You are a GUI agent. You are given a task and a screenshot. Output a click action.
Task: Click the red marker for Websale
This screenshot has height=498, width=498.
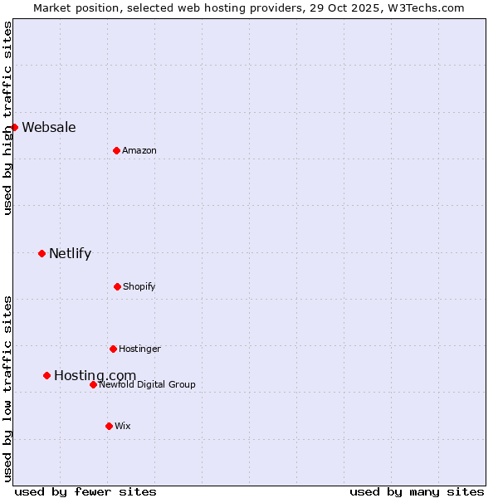point(14,127)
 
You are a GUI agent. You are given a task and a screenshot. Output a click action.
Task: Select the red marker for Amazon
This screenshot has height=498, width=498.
point(116,150)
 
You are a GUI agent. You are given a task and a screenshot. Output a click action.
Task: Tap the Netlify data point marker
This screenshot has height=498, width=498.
point(41,253)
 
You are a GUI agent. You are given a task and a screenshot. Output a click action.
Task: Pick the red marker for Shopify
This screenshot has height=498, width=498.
point(117,286)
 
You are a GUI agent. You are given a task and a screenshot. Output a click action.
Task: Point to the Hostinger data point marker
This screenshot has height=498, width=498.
point(113,349)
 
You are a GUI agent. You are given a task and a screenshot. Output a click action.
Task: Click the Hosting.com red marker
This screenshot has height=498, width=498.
point(46,375)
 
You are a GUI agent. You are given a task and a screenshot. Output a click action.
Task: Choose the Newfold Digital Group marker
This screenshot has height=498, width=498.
point(93,384)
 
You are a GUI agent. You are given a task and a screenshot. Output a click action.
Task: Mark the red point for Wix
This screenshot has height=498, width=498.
point(109,426)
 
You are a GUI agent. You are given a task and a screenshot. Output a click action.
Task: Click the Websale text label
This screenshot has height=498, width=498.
point(49,127)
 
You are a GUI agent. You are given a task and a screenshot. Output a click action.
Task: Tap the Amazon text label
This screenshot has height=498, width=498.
point(139,150)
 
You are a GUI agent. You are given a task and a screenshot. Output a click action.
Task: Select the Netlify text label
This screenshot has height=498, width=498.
point(70,253)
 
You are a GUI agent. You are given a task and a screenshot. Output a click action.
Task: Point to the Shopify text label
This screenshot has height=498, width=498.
point(139,286)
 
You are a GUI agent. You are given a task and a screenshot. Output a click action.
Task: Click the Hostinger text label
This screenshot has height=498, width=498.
point(139,349)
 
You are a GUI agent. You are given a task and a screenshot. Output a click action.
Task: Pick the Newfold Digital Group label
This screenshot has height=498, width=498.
point(148,384)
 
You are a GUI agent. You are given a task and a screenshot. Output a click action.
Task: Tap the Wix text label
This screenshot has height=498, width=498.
point(123,426)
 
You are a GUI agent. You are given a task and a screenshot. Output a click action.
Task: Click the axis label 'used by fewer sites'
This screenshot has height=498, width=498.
point(85,491)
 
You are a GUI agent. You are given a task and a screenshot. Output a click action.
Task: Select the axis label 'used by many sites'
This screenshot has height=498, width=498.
point(417,491)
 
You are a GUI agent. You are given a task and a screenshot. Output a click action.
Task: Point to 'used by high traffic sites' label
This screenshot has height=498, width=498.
point(7,118)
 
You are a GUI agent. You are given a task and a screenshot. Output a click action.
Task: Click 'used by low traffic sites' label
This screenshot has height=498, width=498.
point(7,388)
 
